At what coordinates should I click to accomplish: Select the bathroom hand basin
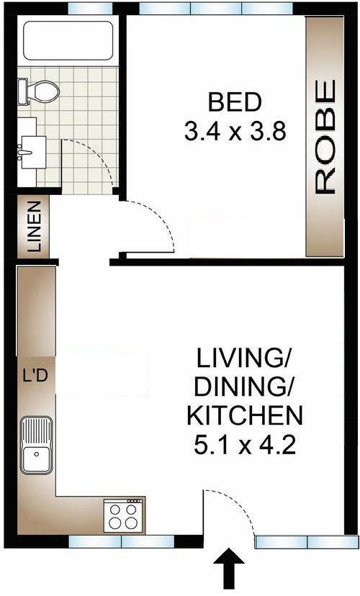click(x=32, y=152)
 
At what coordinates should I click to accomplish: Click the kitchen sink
click(x=37, y=445)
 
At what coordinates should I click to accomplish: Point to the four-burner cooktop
click(x=124, y=516)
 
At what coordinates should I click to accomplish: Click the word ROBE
click(x=325, y=137)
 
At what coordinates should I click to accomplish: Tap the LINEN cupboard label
click(x=35, y=227)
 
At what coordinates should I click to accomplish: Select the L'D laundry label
click(x=35, y=376)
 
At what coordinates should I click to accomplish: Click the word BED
click(x=235, y=102)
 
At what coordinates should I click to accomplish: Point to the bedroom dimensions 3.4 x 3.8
click(x=235, y=132)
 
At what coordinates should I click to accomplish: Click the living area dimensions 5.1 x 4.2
click(x=245, y=445)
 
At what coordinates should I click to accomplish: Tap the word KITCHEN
click(x=245, y=415)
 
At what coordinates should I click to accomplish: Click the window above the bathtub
click(x=91, y=8)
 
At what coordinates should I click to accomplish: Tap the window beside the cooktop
click(x=122, y=541)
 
